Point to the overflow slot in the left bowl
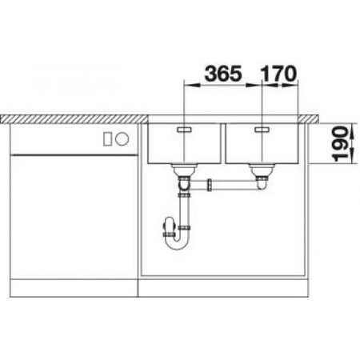coord(183,128)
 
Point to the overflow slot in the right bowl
coord(261,128)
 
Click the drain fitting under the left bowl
coord(183,170)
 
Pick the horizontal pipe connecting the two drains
coord(232,186)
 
